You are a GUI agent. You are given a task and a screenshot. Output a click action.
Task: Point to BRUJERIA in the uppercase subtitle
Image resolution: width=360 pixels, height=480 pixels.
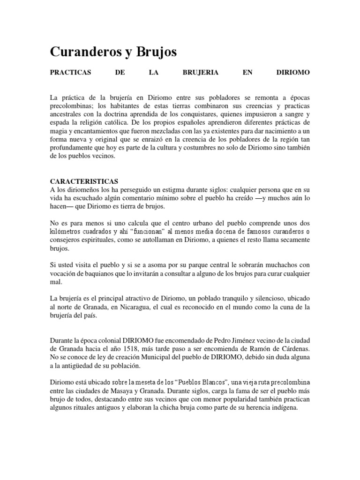pyautogui.click(x=197, y=73)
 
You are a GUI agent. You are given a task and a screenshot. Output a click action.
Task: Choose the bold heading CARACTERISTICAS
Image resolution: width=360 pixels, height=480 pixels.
pyautogui.click(x=84, y=181)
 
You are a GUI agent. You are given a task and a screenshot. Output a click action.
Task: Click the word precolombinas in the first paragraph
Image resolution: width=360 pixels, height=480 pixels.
pyautogui.click(x=71, y=106)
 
